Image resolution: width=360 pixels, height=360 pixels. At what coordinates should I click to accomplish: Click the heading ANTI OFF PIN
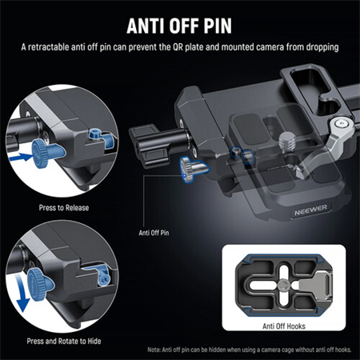[x=179, y=22]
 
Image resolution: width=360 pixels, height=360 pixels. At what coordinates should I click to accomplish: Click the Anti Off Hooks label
[x=286, y=326]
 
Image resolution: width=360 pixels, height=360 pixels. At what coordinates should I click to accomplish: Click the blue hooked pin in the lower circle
[x=102, y=276]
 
